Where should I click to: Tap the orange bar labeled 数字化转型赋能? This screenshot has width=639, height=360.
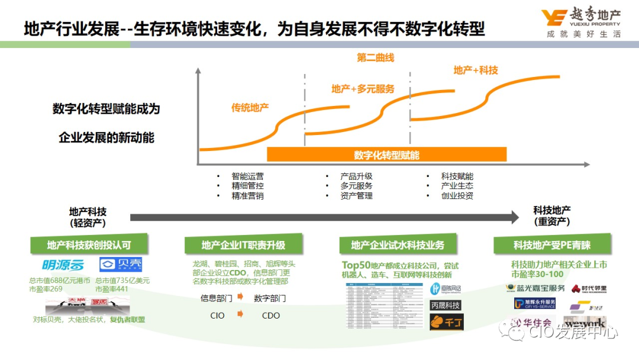click(387, 155)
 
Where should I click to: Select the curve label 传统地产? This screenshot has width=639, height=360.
click(250, 108)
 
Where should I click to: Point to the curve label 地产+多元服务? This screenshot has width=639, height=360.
click(363, 89)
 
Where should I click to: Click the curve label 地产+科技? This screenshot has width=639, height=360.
click(476, 70)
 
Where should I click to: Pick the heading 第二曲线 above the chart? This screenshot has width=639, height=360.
click(375, 58)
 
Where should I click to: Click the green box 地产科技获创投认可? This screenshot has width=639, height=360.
click(89, 245)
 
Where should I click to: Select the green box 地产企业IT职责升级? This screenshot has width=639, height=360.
click(243, 245)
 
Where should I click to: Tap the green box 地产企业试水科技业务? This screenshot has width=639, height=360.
click(397, 245)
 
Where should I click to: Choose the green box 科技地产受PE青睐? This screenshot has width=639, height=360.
click(552, 245)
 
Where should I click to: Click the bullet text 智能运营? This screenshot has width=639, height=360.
click(248, 176)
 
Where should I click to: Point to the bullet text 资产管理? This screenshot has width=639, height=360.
click(356, 195)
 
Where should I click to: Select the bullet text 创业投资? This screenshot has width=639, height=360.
click(457, 195)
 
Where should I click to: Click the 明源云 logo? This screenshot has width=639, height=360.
click(63, 265)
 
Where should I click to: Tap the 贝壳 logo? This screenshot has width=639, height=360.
click(121, 265)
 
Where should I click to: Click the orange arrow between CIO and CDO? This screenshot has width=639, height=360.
click(240, 314)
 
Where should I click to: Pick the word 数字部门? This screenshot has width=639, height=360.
click(270, 298)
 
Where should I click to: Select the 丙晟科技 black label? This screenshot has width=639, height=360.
click(445, 305)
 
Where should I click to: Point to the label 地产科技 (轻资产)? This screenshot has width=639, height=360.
click(88, 217)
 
